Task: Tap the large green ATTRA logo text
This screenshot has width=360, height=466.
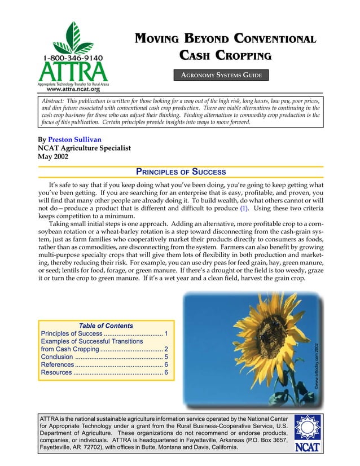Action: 73,71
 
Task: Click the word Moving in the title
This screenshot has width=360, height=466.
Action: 155,39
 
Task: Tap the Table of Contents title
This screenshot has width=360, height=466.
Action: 106,326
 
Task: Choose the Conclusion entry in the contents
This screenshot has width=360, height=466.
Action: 57,357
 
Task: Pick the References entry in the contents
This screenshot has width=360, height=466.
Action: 58,365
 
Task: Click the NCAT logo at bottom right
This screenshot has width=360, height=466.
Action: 308,435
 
